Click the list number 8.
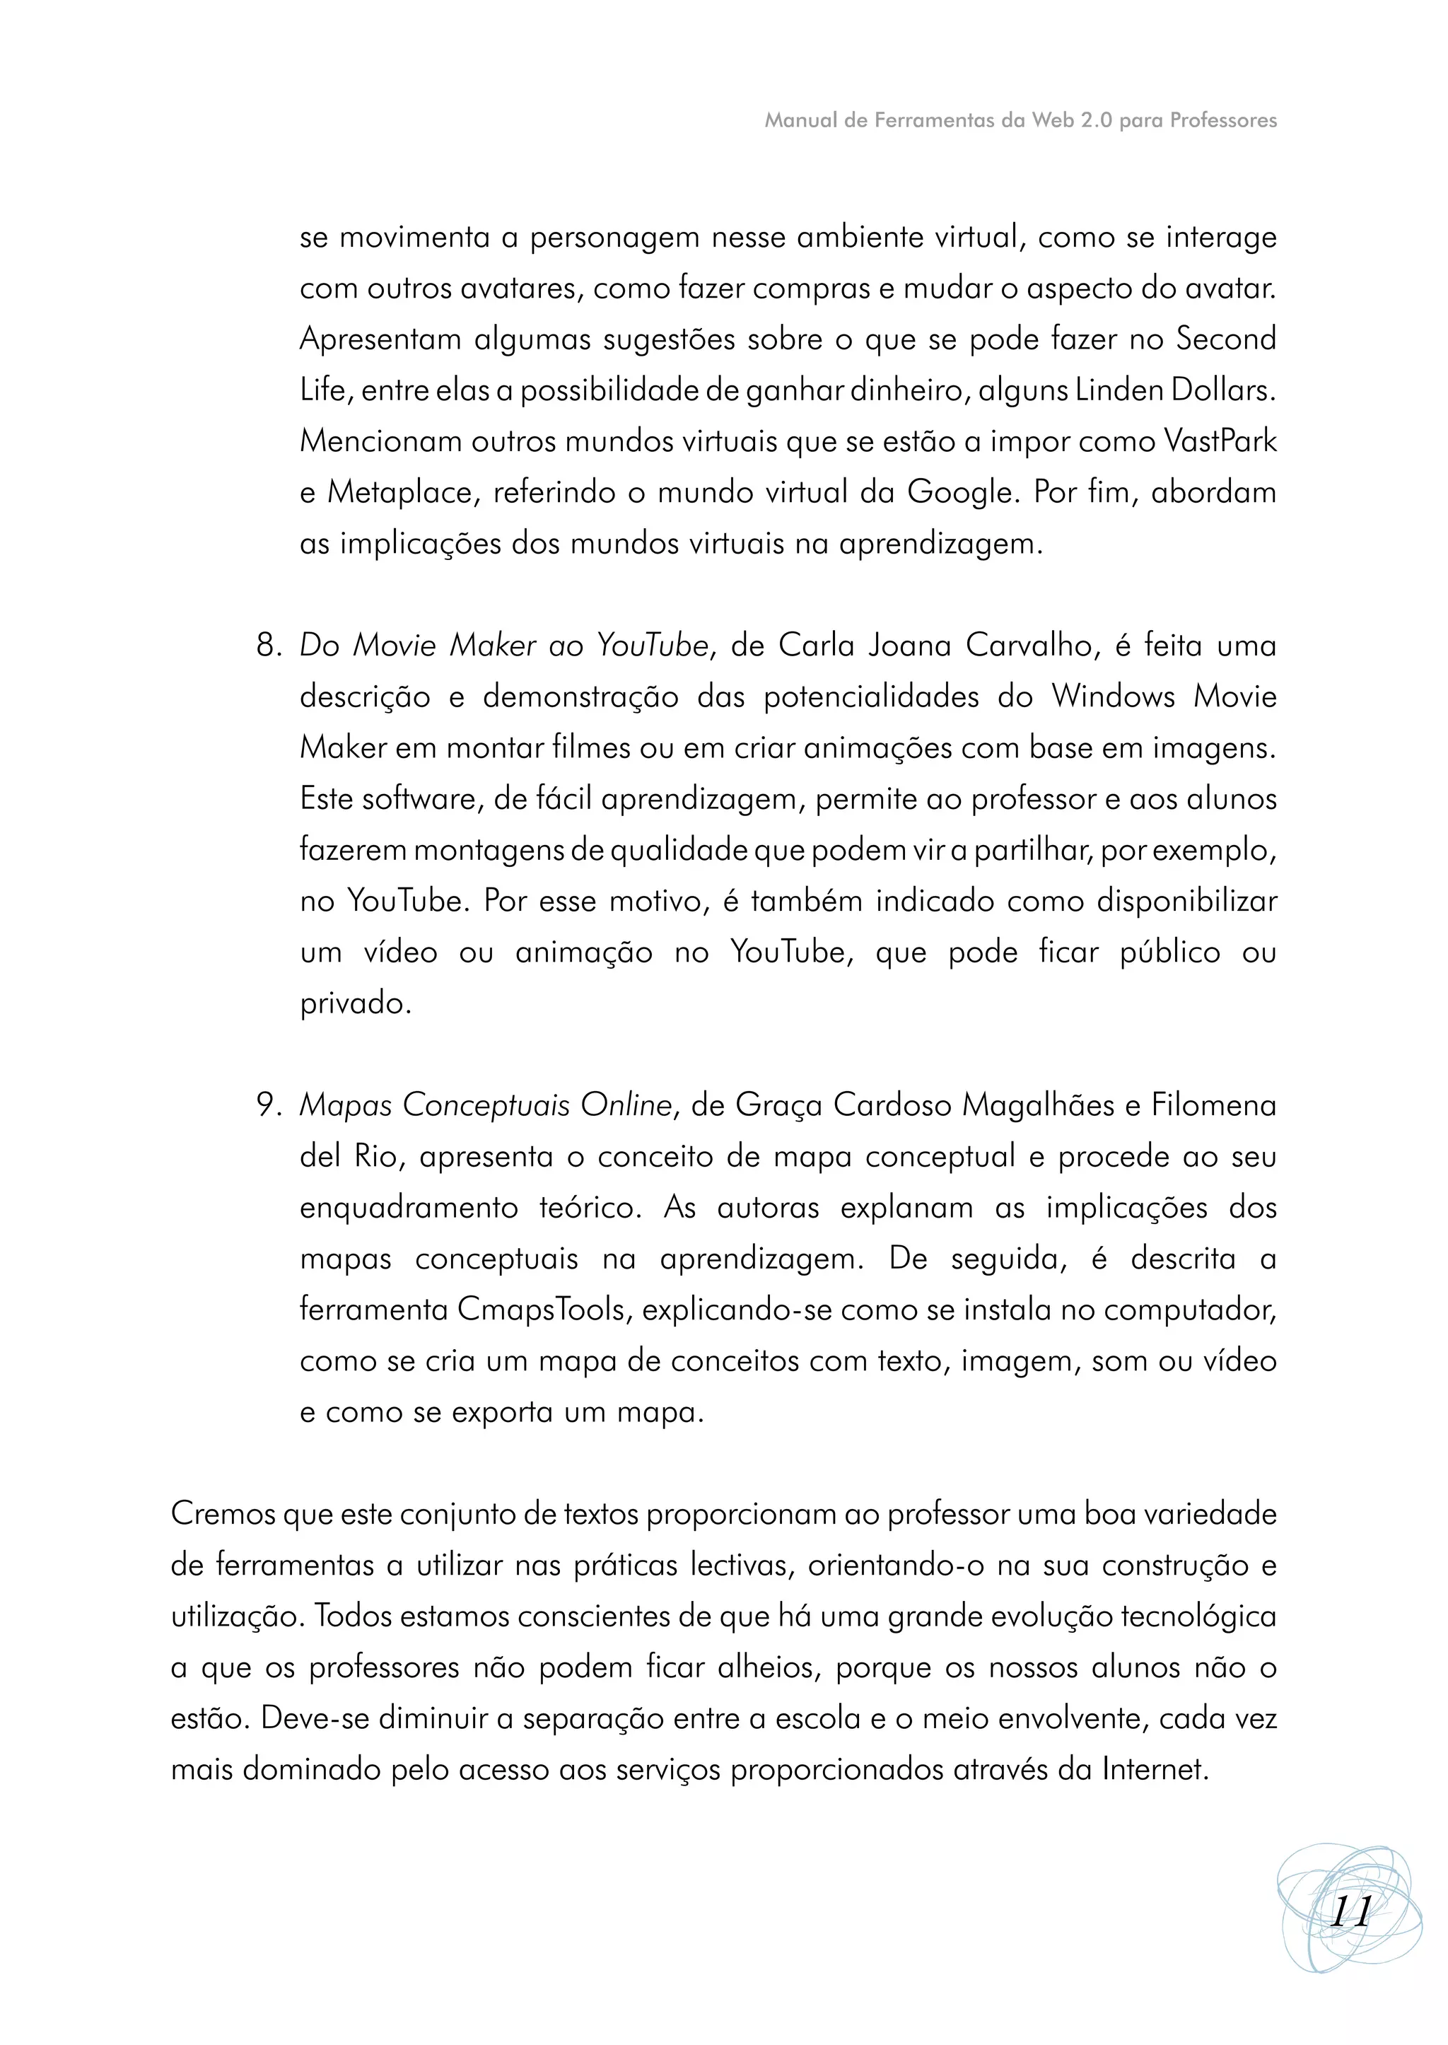pos(267,645)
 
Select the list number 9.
pos(267,1105)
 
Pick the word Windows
pos(1113,696)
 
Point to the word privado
pos(355,1003)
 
